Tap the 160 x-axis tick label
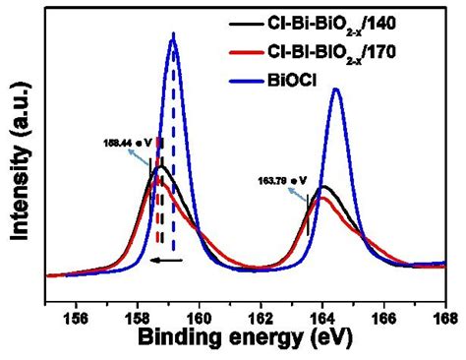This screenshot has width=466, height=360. (x=200, y=316)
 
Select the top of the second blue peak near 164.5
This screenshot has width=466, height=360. (x=336, y=90)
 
